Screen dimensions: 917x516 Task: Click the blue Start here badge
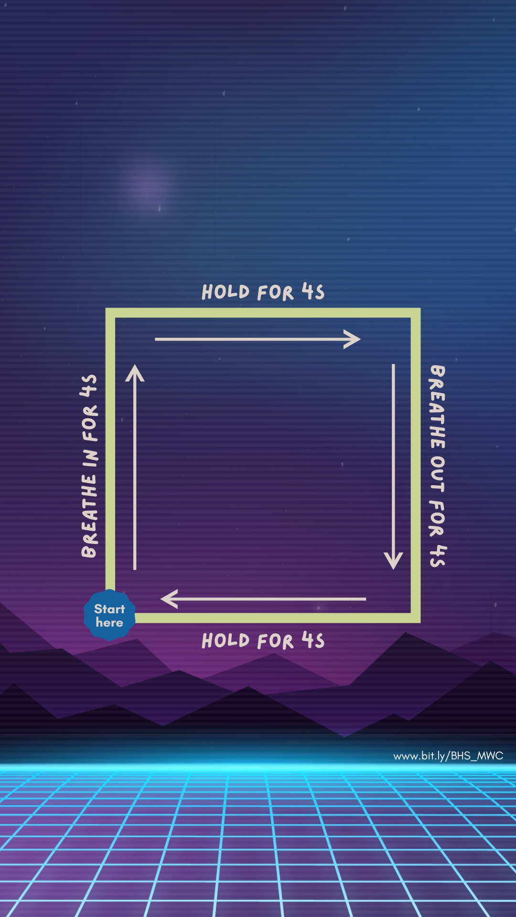coord(109,615)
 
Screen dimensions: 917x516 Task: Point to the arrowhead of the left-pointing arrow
coord(168,598)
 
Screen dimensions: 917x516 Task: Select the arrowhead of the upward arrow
coord(135,373)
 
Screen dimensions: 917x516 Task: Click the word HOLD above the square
coord(226,292)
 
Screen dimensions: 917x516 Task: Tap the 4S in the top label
coord(313,291)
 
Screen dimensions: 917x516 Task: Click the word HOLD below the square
coord(226,640)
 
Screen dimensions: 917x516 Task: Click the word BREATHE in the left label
coord(89,516)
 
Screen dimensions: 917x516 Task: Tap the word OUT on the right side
coord(437,474)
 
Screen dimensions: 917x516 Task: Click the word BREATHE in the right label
coord(437,407)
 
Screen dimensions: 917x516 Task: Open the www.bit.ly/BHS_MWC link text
coord(448,756)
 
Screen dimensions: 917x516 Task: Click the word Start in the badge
coord(109,609)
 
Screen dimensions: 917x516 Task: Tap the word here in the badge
coord(109,622)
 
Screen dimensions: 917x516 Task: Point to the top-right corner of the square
coord(416,313)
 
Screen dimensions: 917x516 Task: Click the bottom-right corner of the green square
coord(416,618)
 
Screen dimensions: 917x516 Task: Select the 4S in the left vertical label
coord(89,385)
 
